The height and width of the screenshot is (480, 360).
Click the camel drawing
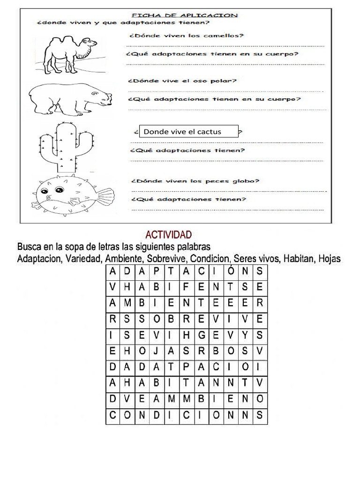[x=70, y=52]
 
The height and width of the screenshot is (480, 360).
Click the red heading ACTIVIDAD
[x=168, y=234]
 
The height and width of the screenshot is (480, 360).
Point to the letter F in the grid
[x=186, y=287]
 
